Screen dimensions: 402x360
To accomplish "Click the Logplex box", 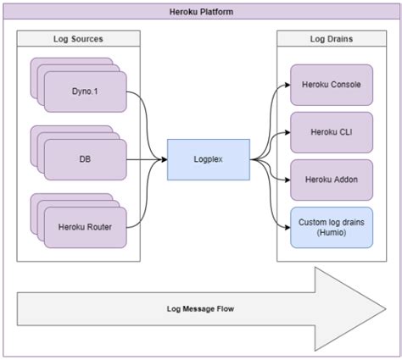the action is pos(209,159).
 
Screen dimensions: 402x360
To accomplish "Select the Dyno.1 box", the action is pos(86,91).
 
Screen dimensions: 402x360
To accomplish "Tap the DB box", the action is pos(86,159).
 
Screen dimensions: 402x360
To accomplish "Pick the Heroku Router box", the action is pos(86,227).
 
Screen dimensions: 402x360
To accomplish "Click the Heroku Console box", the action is pos(332,85).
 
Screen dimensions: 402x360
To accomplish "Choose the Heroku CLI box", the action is pos(332,132).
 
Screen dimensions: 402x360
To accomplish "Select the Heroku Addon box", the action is pos(332,180).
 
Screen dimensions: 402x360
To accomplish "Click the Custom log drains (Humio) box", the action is pos(332,228).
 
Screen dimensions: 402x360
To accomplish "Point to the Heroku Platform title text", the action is pos(201,12).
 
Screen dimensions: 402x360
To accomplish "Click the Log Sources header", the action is pos(78,39).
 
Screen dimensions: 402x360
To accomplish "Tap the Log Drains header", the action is pos(332,39).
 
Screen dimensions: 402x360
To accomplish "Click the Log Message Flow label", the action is pos(200,308).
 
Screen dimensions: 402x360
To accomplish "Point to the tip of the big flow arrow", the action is pos(386,309).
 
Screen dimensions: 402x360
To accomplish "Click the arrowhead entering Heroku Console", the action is pos(288,85).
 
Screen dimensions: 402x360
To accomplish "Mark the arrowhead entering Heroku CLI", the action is pos(288,132).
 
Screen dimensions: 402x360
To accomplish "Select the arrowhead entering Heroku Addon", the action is pos(288,180).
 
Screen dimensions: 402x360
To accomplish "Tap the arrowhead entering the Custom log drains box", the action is pos(288,227).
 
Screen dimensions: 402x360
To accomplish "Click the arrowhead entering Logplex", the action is pos(165,159).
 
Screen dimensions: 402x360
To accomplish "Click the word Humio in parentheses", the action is pos(332,233).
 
